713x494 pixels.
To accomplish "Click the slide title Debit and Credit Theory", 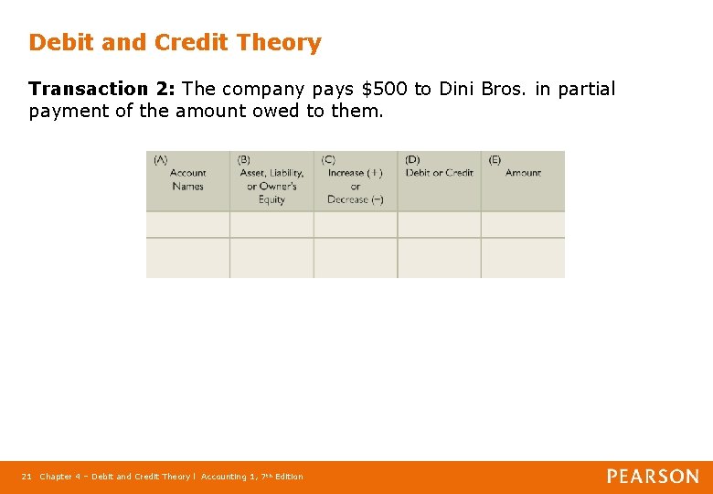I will click(175, 43).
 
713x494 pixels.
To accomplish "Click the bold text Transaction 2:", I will click(102, 90).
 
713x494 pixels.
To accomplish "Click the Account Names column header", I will click(187, 179).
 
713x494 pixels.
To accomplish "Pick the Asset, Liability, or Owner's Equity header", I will click(271, 186).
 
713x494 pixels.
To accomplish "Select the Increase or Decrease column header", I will click(355, 186).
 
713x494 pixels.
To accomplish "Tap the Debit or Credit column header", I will click(440, 173).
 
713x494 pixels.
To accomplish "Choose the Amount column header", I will click(523, 173).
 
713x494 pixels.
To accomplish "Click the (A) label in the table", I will click(160, 159).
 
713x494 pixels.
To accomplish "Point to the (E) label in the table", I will click(495, 159).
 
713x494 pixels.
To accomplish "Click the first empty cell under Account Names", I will click(187, 225).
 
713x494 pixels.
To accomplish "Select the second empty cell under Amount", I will click(523, 258).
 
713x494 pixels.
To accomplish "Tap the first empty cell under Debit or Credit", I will click(440, 225).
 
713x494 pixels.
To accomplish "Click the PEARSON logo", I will click(653, 477).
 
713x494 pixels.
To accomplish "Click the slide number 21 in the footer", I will click(27, 477).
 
